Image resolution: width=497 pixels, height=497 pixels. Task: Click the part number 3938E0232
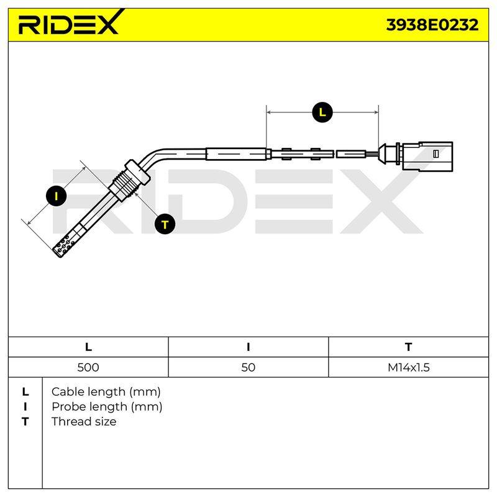click(x=432, y=25)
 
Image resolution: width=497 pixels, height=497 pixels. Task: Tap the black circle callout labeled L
click(x=322, y=112)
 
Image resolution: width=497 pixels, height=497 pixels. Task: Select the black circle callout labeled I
click(x=56, y=196)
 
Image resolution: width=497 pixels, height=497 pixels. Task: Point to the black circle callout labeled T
click(x=165, y=224)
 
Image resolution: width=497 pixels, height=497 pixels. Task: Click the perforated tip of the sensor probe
click(x=65, y=245)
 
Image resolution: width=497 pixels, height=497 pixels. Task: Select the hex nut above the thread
click(x=138, y=171)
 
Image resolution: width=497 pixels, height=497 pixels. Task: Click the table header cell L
click(x=88, y=347)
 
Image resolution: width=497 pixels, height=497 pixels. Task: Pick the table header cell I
click(x=248, y=347)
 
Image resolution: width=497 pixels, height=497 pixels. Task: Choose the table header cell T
click(x=408, y=347)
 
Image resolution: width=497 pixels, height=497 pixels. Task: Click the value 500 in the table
click(x=88, y=367)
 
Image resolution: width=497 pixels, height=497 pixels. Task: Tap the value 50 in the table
click(x=248, y=367)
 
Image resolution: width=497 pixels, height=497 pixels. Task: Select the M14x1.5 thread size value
click(x=409, y=367)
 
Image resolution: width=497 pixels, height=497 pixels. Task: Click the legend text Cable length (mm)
click(x=106, y=392)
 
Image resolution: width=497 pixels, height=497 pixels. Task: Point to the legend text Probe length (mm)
click(x=107, y=407)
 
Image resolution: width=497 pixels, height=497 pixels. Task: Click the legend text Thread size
click(x=84, y=422)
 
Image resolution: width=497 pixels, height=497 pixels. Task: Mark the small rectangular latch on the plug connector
click(x=436, y=153)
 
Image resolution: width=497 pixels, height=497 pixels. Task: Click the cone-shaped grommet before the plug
click(x=383, y=154)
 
